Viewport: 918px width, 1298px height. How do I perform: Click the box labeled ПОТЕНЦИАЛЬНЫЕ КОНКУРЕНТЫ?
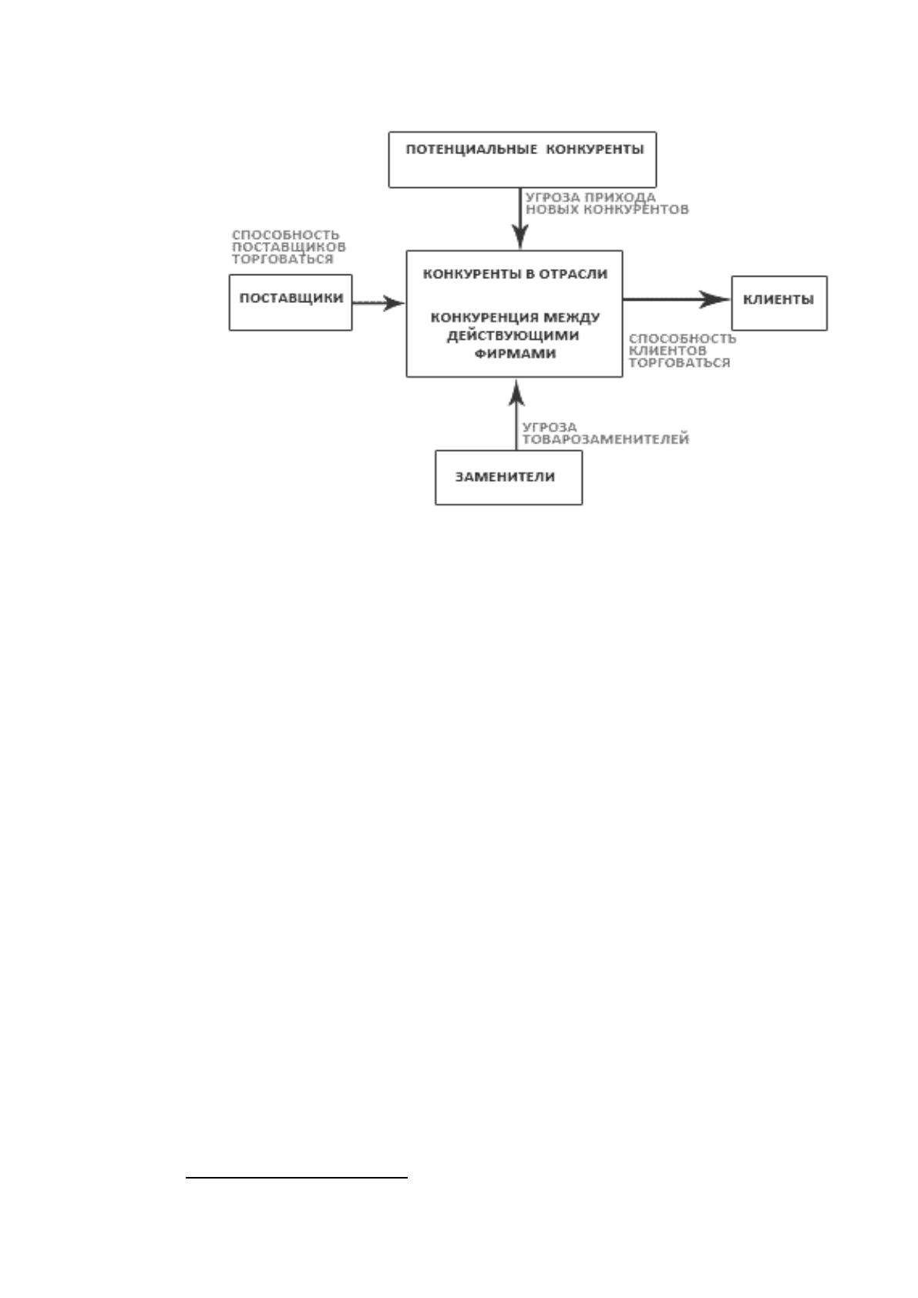522,160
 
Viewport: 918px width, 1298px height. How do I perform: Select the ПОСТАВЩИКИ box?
291,302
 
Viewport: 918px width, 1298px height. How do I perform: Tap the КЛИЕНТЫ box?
779,303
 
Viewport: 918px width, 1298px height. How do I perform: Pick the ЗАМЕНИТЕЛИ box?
509,477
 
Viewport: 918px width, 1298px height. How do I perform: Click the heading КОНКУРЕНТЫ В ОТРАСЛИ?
515,274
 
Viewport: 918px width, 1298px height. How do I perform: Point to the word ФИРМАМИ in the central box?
515,354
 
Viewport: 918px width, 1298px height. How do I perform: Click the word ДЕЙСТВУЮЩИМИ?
513,335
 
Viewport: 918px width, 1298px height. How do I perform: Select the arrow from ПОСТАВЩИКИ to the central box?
378,302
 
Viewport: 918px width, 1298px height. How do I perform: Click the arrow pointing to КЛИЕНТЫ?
676,300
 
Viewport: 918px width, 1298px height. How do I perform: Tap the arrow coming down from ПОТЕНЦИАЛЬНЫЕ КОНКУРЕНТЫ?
520,218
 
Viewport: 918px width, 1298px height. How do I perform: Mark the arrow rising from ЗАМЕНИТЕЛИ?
516,415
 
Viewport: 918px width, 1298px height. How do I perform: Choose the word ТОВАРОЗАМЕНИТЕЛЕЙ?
606,439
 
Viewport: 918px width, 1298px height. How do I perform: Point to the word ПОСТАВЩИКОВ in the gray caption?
288,247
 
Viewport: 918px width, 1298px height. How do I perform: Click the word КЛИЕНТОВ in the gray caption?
667,351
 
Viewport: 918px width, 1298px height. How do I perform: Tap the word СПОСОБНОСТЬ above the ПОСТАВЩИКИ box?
286,234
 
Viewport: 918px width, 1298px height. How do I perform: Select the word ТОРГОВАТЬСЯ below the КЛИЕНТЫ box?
679,363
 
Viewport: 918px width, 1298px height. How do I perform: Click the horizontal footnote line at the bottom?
297,1178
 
